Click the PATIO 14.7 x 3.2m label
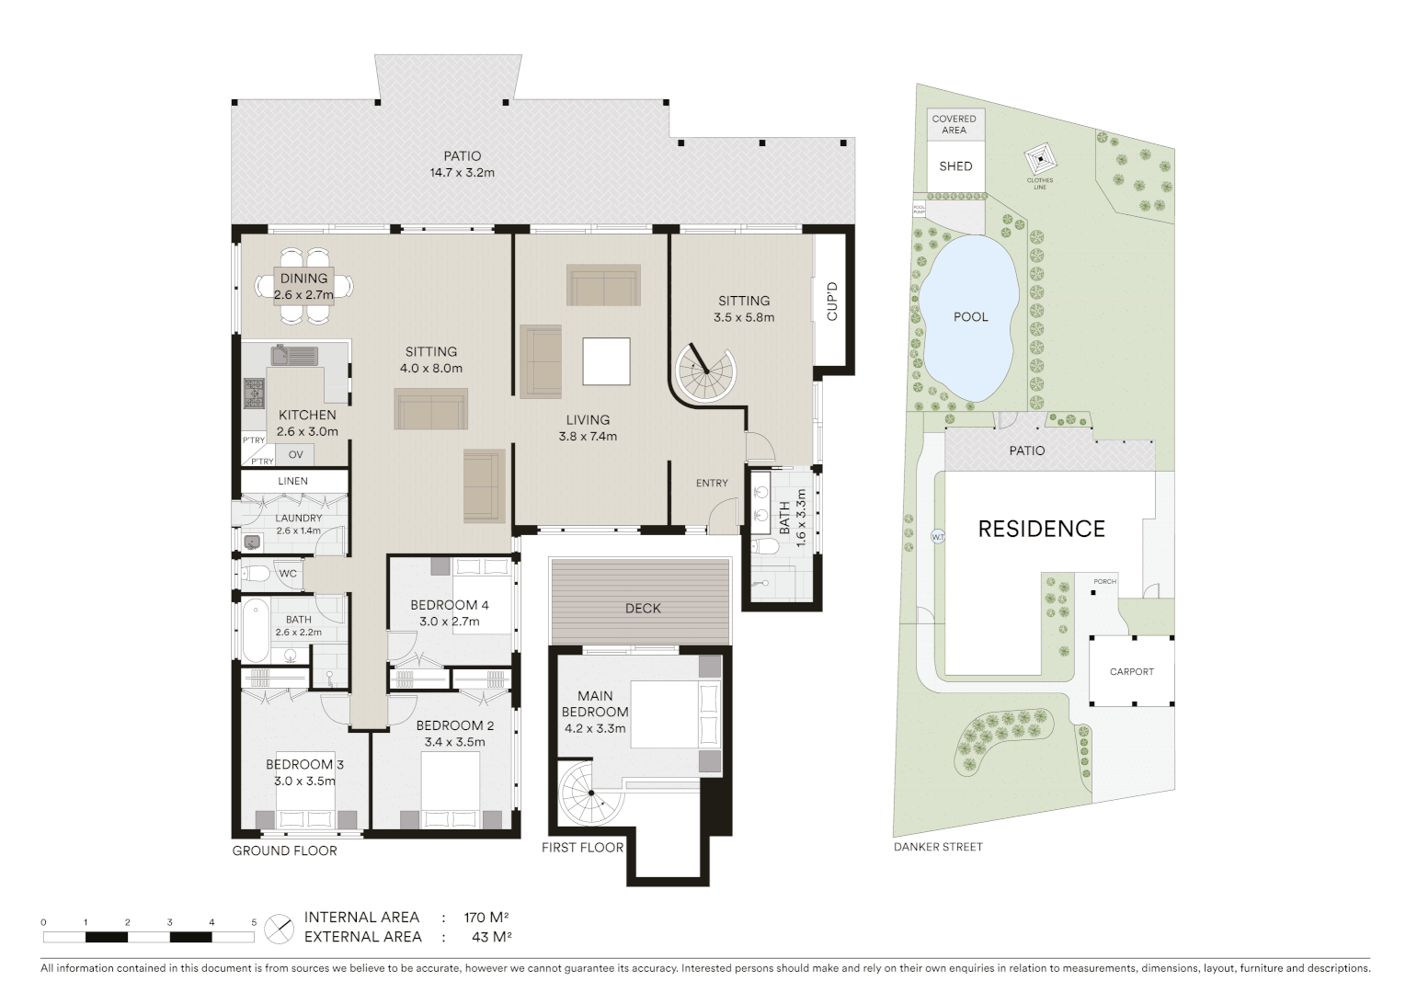coord(462,165)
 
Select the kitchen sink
coord(294,355)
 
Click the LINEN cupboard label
coord(292,481)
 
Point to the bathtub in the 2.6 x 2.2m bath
coord(255,630)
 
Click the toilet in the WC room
coord(257,574)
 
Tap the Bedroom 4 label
coord(449,605)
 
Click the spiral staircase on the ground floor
coord(705,371)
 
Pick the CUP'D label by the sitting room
coord(832,302)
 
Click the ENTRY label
coord(712,483)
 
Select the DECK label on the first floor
coord(643,608)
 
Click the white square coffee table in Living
coord(606,361)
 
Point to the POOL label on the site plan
coord(970,316)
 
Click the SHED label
coord(955,166)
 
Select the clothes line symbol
coord(1041,157)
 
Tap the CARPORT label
coord(1131,671)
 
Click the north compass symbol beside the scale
coord(279,928)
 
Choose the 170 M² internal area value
coord(486,917)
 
